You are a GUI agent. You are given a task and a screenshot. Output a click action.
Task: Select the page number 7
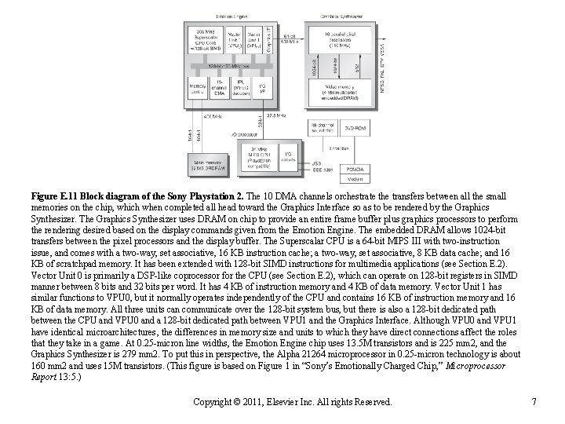point(533,403)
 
